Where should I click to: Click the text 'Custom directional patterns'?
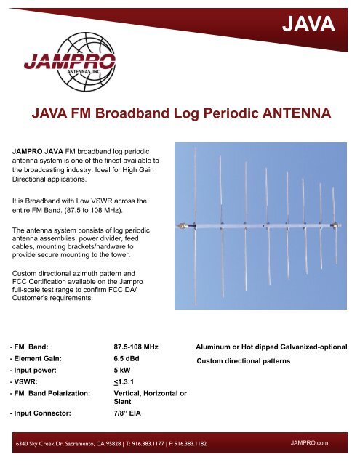(x=244, y=360)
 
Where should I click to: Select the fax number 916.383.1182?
(x=252, y=442)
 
